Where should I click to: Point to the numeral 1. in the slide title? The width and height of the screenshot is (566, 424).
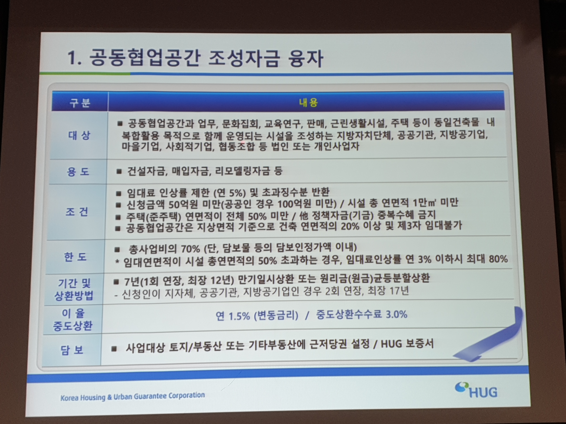74,58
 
